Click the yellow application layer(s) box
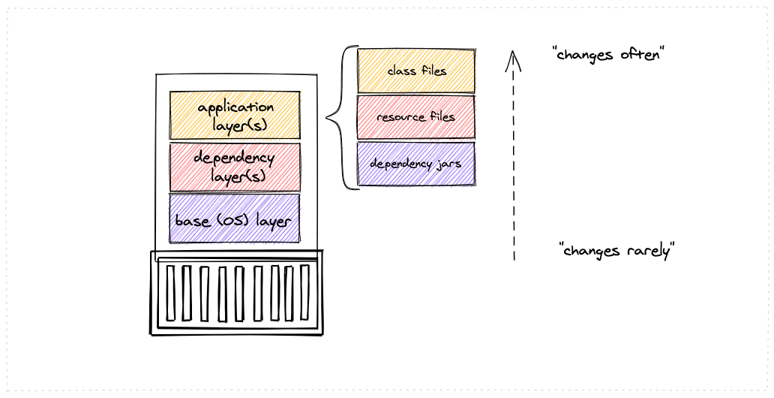[x=235, y=115]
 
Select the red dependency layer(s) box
[x=235, y=167]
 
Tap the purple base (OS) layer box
[x=234, y=219]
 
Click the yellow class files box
[x=416, y=71]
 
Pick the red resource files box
[x=416, y=117]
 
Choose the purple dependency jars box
[x=416, y=164]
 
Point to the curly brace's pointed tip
[x=327, y=118]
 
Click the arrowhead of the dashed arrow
[x=512, y=57]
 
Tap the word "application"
[x=235, y=107]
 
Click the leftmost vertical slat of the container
[x=171, y=293]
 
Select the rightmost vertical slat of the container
[x=304, y=292]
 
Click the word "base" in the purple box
[x=192, y=222]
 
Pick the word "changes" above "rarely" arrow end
[x=593, y=251]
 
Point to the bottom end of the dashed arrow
[x=514, y=259]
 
